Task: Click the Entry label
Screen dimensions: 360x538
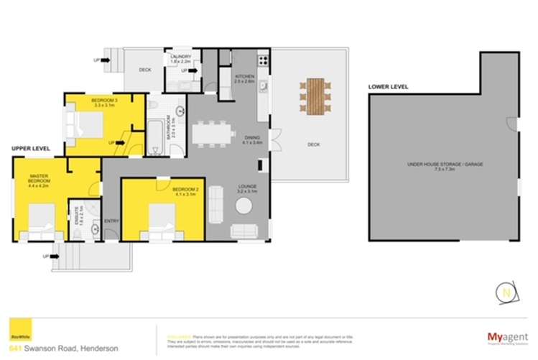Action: (x=111, y=221)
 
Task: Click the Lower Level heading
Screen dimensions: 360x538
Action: (x=388, y=86)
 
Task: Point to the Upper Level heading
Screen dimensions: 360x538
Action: (x=30, y=148)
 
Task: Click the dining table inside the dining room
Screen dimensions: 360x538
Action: (x=213, y=134)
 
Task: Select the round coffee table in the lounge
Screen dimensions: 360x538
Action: (x=244, y=206)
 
